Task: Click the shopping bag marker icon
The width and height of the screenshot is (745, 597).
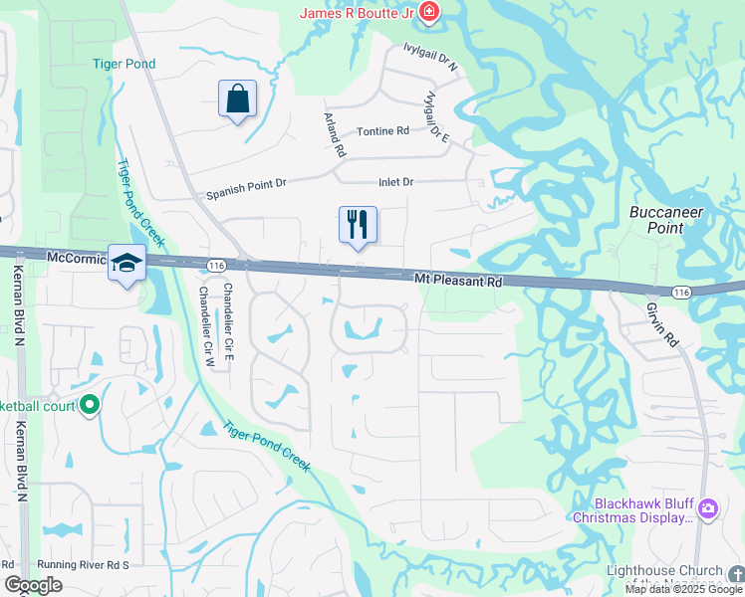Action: pyautogui.click(x=237, y=99)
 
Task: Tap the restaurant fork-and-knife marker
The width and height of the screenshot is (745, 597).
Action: pyautogui.click(x=358, y=225)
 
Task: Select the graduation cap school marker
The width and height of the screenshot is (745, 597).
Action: pyautogui.click(x=126, y=264)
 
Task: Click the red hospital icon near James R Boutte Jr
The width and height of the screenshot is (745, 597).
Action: pyautogui.click(x=429, y=12)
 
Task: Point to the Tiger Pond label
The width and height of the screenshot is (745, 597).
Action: pyautogui.click(x=124, y=64)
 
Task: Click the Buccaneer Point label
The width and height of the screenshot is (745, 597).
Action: pyautogui.click(x=667, y=220)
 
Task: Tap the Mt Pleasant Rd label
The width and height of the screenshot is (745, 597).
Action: pyautogui.click(x=458, y=282)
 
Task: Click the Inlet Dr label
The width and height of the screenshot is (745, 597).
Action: pyautogui.click(x=395, y=182)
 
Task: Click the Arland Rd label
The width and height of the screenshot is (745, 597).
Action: pyautogui.click(x=334, y=134)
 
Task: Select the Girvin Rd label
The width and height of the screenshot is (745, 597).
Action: pyautogui.click(x=661, y=324)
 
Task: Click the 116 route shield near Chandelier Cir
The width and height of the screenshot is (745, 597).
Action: pyautogui.click(x=216, y=266)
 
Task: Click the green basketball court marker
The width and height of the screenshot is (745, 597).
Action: pyautogui.click(x=90, y=405)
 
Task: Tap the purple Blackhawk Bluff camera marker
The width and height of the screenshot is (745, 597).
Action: pyautogui.click(x=708, y=508)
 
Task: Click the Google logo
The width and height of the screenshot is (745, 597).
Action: pyautogui.click(x=34, y=585)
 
